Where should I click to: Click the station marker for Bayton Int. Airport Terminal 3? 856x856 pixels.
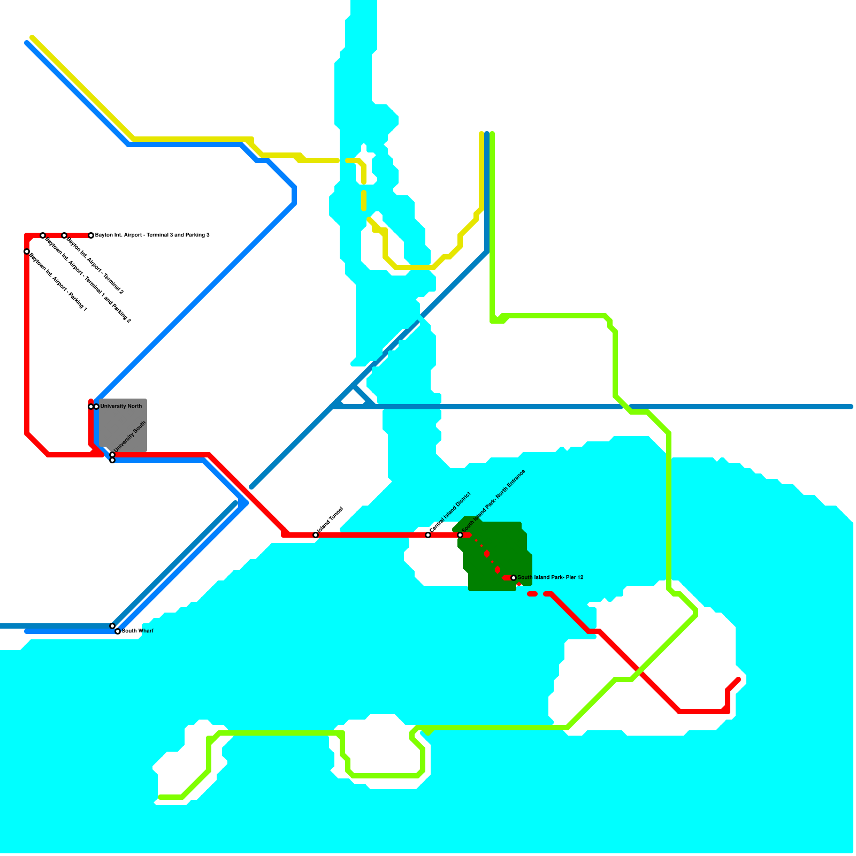click(91, 235)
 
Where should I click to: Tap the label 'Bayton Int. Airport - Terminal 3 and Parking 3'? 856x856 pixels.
click(152, 235)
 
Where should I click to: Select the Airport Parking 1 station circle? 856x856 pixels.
click(27, 251)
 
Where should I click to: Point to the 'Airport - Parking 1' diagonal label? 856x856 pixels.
click(58, 282)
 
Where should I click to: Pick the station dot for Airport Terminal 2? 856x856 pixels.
click(64, 235)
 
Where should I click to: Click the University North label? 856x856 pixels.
click(121, 406)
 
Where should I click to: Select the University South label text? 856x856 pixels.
click(129, 437)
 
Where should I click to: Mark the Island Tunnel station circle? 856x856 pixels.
click(316, 535)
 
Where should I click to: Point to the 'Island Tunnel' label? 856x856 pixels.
click(330, 520)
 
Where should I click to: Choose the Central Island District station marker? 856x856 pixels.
click(428, 535)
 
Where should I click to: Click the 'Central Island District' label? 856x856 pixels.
click(450, 512)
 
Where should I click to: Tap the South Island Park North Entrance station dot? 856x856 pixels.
click(460, 535)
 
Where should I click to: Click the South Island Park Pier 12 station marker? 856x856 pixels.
click(514, 578)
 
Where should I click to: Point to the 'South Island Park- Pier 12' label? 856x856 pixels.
click(551, 578)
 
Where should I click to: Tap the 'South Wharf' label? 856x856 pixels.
click(138, 631)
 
